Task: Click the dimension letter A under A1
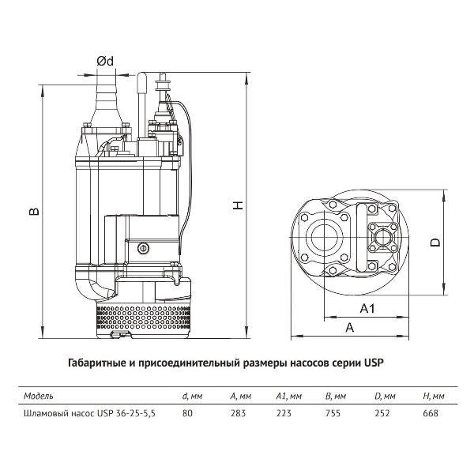(x=348, y=326)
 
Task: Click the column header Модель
(x=39, y=395)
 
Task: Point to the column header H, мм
(x=434, y=395)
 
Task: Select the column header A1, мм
(x=289, y=395)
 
